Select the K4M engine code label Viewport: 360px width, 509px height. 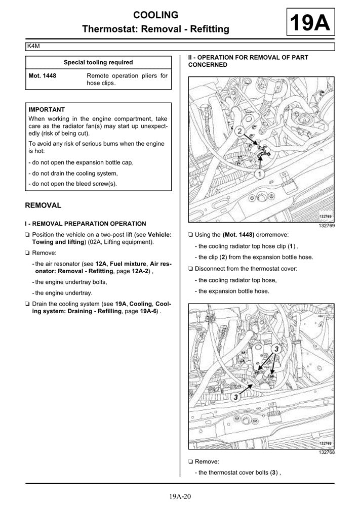(x=34, y=47)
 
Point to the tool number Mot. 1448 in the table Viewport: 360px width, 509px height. (x=43, y=76)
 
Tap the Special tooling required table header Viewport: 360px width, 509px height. (x=98, y=62)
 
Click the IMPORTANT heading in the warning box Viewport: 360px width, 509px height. (x=47, y=109)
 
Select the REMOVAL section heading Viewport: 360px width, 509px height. (x=43, y=205)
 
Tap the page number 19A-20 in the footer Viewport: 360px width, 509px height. (x=180, y=497)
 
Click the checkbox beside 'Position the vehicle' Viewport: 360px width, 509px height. (x=27, y=235)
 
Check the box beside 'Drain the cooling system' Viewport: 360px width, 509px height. (x=27, y=304)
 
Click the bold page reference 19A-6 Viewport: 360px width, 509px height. (x=147, y=311)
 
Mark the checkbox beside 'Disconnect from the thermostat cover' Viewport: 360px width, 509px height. (x=190, y=268)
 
